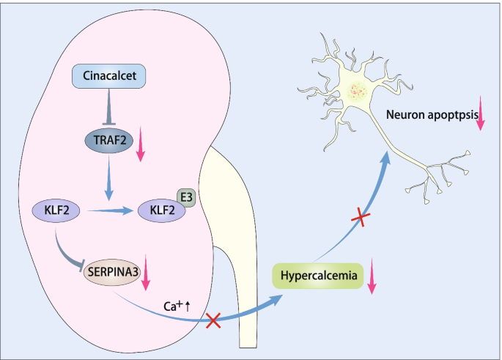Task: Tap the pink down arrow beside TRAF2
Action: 141,146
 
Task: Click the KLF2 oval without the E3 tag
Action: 56,211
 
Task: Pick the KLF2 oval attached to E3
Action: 162,211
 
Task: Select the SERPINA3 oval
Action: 112,272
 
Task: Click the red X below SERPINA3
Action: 213,320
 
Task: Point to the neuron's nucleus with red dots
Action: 358,92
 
